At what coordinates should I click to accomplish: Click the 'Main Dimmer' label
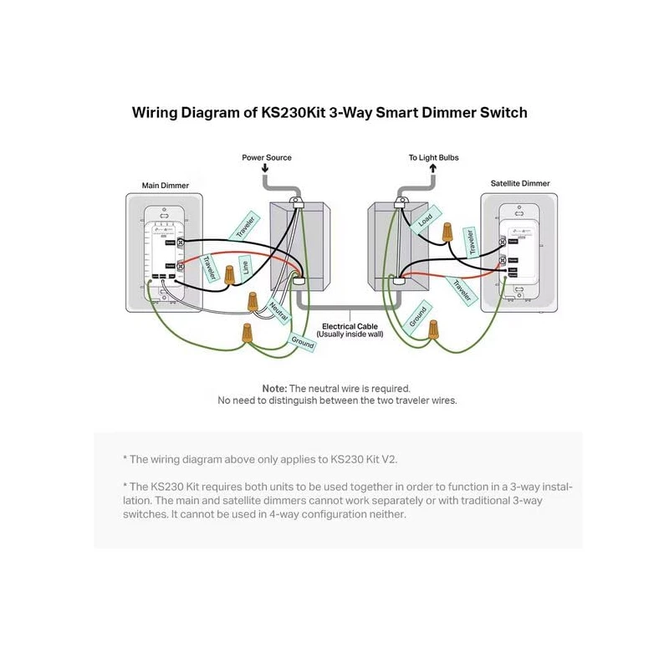tap(165, 185)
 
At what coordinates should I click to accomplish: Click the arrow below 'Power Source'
tap(265, 168)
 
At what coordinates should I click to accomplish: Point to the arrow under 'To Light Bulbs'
tap(433, 168)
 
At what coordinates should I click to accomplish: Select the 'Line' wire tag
tap(245, 268)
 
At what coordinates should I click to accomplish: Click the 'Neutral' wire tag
tap(278, 311)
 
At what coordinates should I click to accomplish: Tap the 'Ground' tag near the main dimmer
tap(302, 341)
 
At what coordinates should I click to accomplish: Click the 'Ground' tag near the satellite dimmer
tap(418, 316)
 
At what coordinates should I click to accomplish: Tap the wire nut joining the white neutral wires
tap(251, 299)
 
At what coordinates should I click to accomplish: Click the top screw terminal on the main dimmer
tap(181, 242)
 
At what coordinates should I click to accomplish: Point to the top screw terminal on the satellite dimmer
tap(503, 242)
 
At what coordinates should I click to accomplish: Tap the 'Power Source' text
tap(267, 157)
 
